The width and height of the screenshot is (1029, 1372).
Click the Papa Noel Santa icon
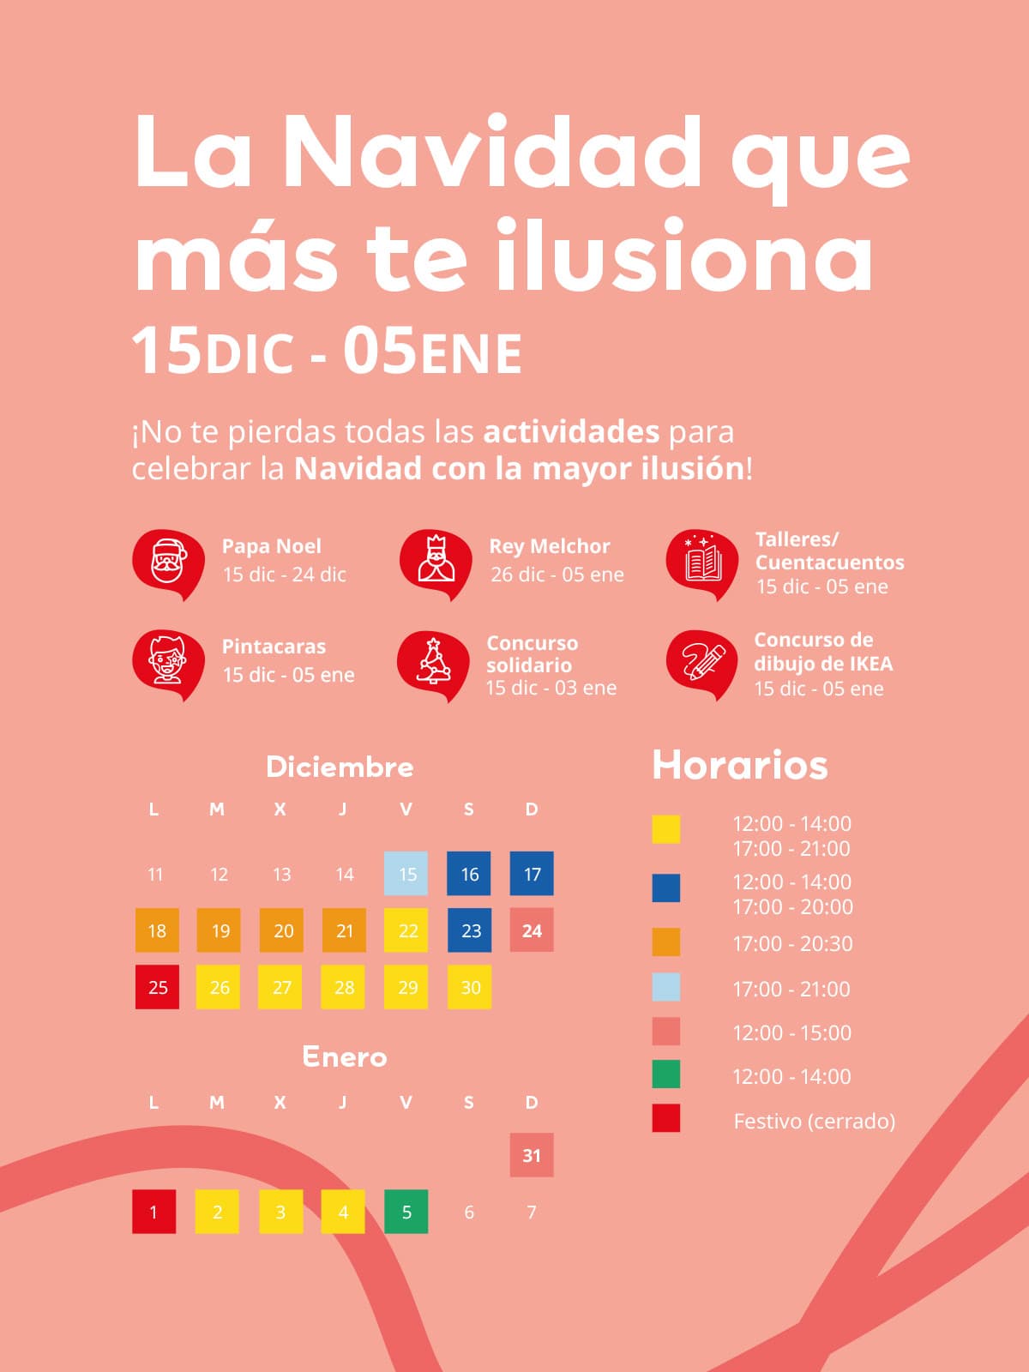pyautogui.click(x=168, y=563)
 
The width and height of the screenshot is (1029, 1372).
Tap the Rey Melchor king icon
pyautogui.click(x=436, y=563)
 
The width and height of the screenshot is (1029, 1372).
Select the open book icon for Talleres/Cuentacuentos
pyautogui.click(x=702, y=563)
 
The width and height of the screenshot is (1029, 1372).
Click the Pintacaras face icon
pyautogui.click(x=168, y=663)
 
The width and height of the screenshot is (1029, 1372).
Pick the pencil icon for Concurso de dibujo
pyautogui.click(x=702, y=663)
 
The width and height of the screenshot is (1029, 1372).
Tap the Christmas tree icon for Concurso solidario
pyautogui.click(x=434, y=664)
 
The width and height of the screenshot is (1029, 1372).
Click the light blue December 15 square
pyautogui.click(x=406, y=874)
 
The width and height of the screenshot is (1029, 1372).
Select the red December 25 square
pyautogui.click(x=158, y=987)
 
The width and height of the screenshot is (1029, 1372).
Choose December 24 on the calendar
pyautogui.click(x=532, y=930)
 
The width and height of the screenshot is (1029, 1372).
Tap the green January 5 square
pyautogui.click(x=406, y=1212)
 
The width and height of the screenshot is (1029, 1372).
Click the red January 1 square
pyautogui.click(x=154, y=1212)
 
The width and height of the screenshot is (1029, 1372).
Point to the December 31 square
pyautogui.click(x=532, y=1155)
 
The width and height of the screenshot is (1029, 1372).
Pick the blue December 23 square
pyautogui.click(x=470, y=930)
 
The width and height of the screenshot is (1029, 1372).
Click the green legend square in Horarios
pyautogui.click(x=666, y=1074)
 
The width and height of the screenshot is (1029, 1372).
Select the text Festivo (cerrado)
pyautogui.click(x=814, y=1121)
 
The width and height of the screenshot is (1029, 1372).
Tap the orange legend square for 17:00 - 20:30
pyautogui.click(x=666, y=942)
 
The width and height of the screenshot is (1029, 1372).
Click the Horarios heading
pyautogui.click(x=740, y=765)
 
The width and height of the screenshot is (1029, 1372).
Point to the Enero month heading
pyautogui.click(x=344, y=1056)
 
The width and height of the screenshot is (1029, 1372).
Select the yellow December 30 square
pyautogui.click(x=470, y=987)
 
